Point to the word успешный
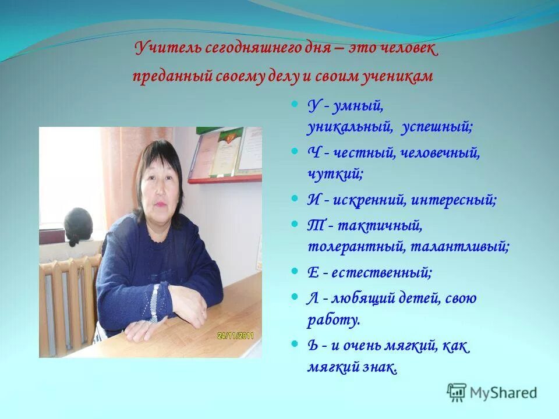click(436, 126)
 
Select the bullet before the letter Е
click(295, 271)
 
